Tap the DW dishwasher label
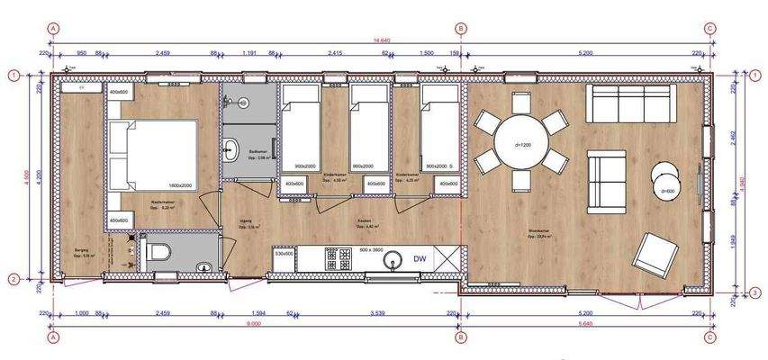point(420,259)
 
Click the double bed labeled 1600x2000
point(151,154)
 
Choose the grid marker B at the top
point(462,29)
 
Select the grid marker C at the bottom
point(710,337)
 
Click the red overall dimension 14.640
point(382,40)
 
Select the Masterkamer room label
point(162,203)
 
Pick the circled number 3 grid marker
point(755,290)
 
